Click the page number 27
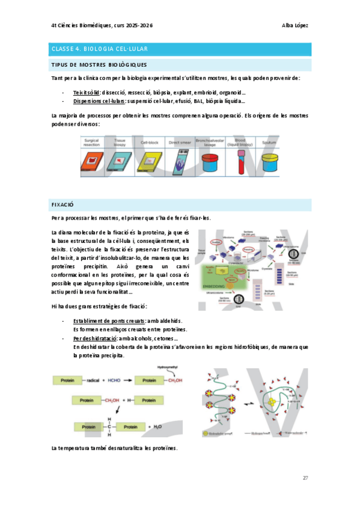click(305, 478)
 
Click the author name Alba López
click(294, 25)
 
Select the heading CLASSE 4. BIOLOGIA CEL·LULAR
click(99, 49)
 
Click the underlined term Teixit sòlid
click(87, 93)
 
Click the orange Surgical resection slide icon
click(92, 161)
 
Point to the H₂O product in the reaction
click(158, 426)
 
